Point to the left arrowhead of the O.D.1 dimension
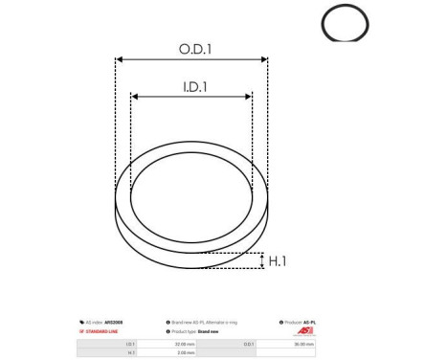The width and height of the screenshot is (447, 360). tap(119, 59)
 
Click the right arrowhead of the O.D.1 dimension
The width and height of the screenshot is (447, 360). tap(265, 59)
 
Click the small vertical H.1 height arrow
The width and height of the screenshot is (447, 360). tap(261, 260)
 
